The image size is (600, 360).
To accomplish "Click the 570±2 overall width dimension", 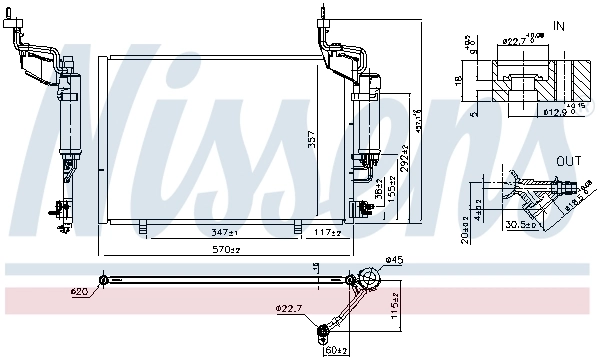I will click(x=225, y=249).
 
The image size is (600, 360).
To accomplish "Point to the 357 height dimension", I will click(x=312, y=141).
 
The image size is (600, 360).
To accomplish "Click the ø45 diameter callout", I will click(x=395, y=262).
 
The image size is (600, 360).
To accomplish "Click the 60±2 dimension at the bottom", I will click(x=335, y=350).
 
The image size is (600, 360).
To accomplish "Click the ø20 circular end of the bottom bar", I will click(x=104, y=280).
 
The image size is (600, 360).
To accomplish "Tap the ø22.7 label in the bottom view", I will click(x=289, y=310).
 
